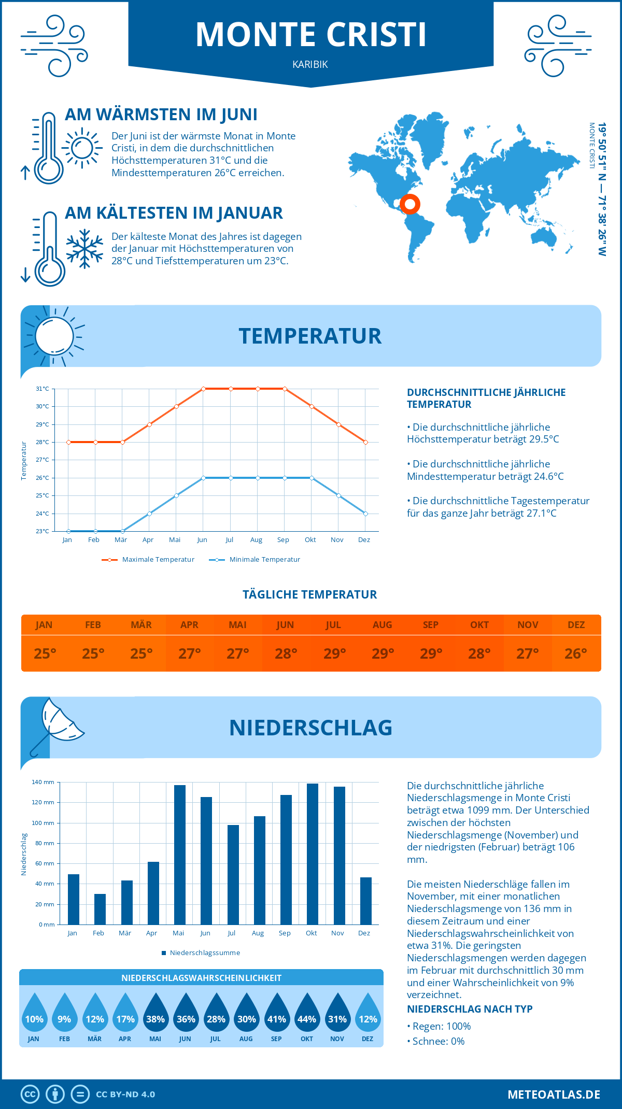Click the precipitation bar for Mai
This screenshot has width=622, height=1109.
click(180, 855)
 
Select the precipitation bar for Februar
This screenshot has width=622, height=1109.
click(100, 909)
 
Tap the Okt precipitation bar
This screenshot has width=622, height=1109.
click(313, 854)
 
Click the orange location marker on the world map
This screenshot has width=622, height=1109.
click(410, 204)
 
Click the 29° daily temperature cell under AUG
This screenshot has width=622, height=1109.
click(383, 653)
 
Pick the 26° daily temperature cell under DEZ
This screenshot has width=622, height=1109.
click(576, 653)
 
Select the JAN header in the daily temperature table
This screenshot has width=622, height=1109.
click(44, 624)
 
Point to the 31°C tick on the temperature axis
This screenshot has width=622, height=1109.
click(43, 389)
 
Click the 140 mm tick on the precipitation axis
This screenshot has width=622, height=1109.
click(43, 782)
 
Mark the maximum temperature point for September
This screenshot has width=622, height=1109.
click(285, 389)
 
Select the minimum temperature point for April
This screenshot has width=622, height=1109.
click(149, 514)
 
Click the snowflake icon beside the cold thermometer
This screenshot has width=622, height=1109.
click(84, 249)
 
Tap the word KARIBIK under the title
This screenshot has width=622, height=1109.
click(310, 64)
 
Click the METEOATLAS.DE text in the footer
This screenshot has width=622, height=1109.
click(554, 1094)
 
